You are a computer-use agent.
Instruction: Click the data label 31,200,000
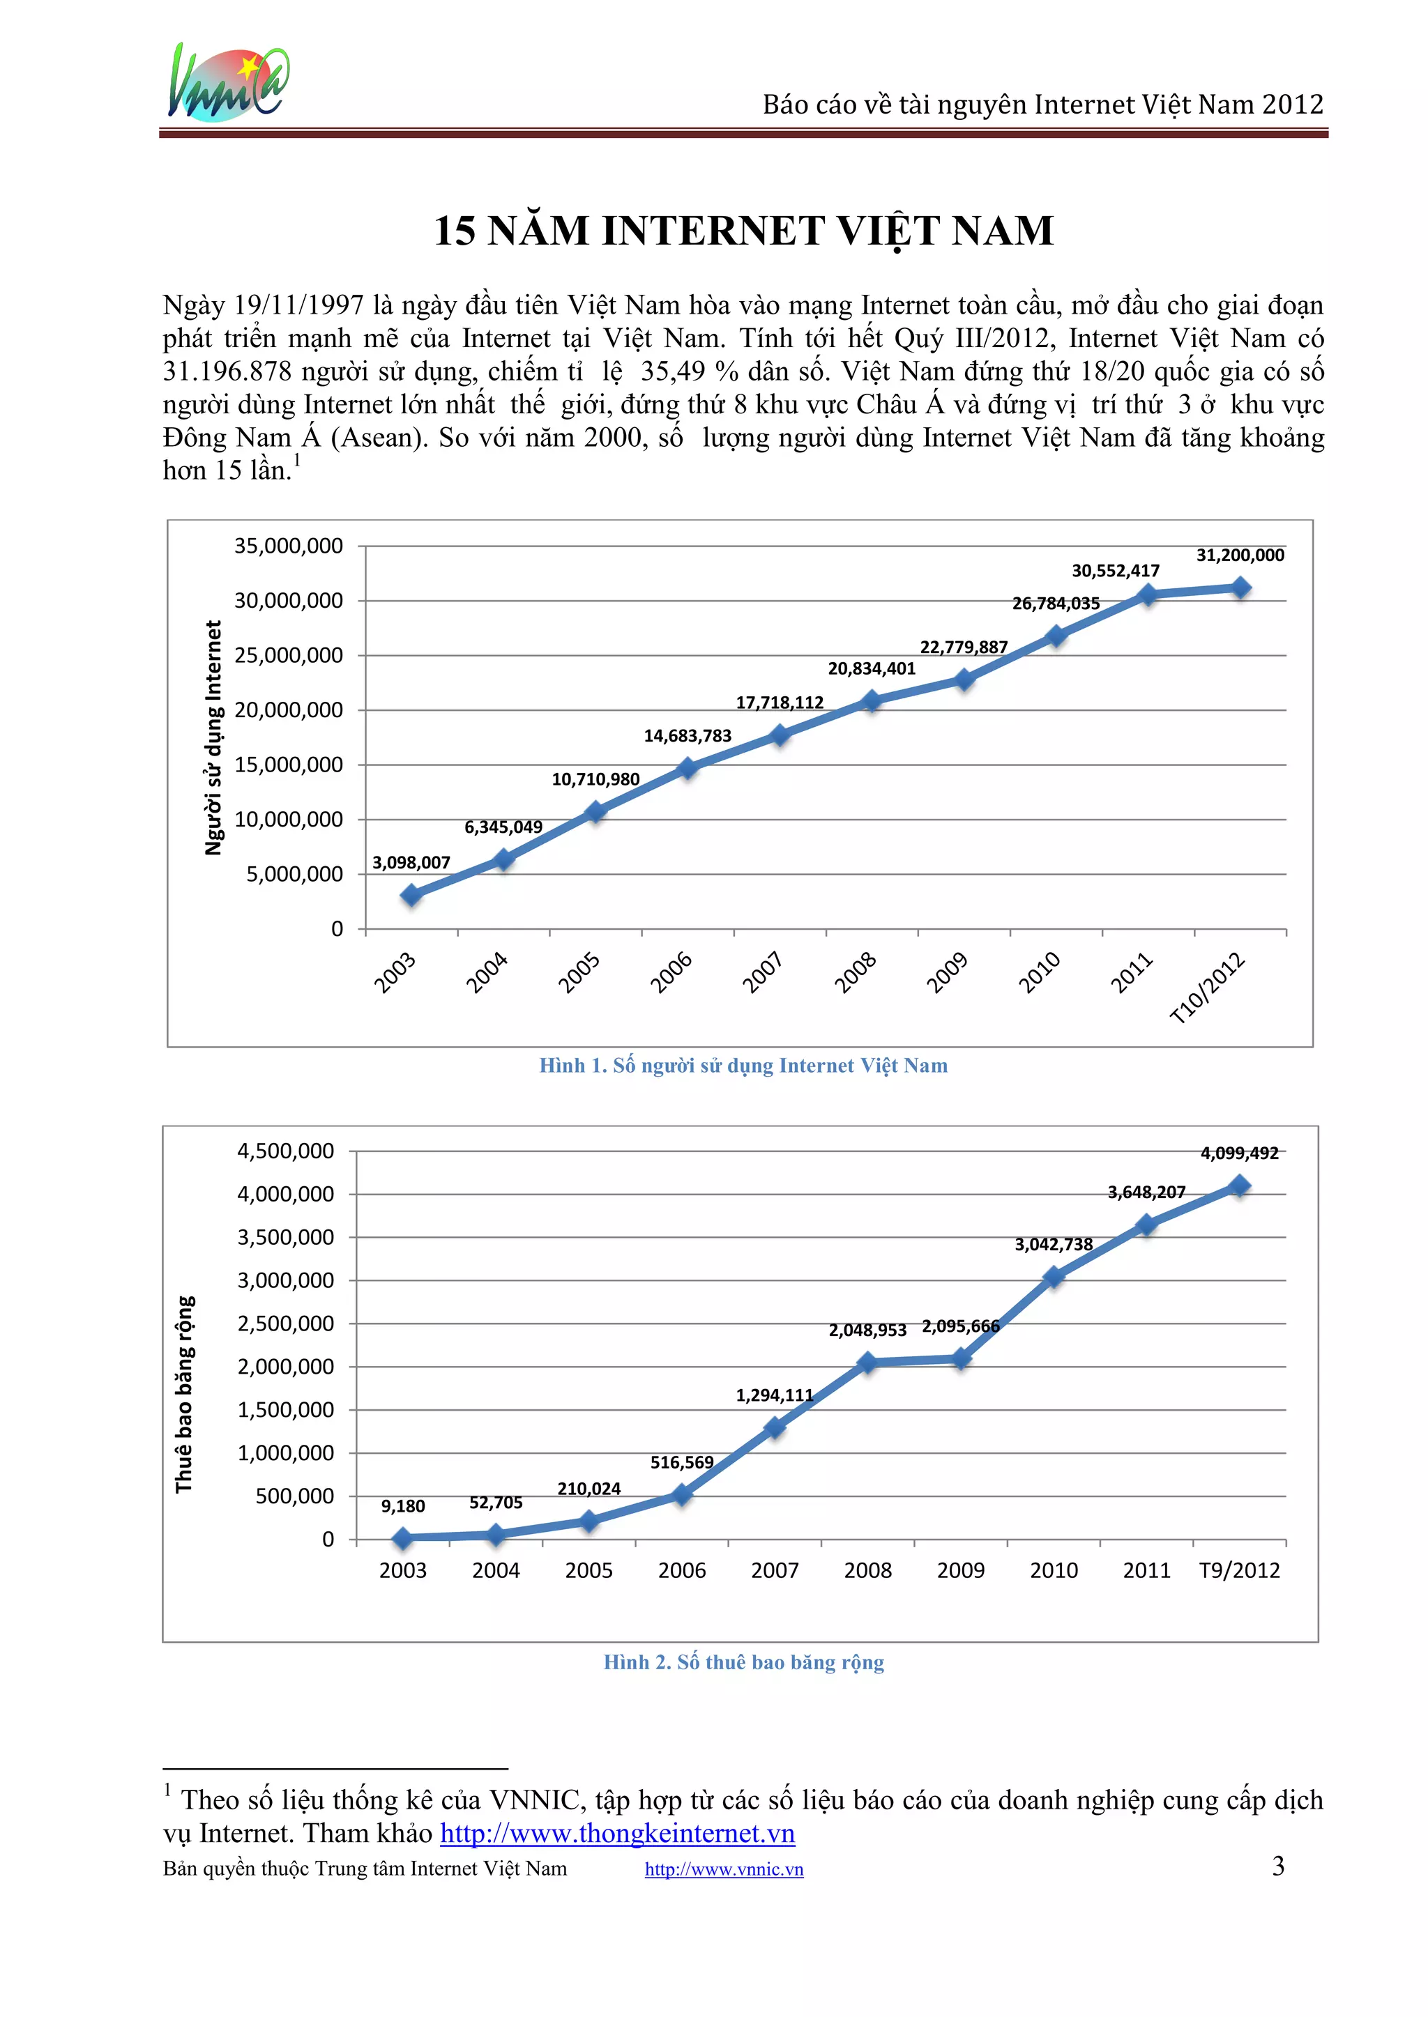click(1240, 555)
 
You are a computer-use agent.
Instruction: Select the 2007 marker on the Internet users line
click(779, 735)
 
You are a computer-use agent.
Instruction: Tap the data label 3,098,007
click(411, 862)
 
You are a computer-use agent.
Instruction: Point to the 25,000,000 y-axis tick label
click(289, 654)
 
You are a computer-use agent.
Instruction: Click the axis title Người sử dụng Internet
click(213, 737)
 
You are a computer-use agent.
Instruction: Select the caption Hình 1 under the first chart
click(743, 1065)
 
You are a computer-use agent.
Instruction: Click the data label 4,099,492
click(1239, 1153)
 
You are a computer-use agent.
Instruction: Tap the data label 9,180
click(403, 1505)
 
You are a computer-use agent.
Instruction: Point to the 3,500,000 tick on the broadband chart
click(286, 1236)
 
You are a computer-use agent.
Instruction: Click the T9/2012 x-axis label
click(1239, 1570)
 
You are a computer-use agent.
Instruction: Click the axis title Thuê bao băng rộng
click(184, 1394)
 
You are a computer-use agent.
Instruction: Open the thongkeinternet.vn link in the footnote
click(617, 1832)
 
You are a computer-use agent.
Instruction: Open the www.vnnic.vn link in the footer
click(724, 1869)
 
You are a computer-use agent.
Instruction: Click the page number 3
click(1277, 1866)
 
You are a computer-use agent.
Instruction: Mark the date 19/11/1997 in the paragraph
click(299, 305)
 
